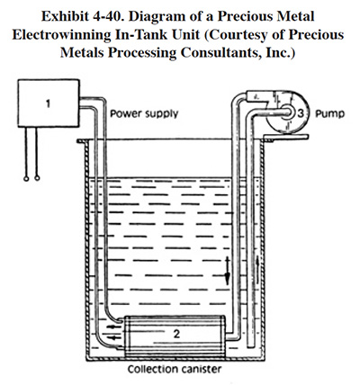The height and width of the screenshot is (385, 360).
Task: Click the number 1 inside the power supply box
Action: (48, 103)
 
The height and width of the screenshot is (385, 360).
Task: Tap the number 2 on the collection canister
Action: (176, 334)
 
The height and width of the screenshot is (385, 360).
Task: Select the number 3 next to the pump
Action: (301, 113)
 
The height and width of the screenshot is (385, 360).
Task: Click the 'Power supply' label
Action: (144, 114)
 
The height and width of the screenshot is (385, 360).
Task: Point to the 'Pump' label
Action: (329, 114)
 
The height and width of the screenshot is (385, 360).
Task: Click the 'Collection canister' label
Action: (175, 369)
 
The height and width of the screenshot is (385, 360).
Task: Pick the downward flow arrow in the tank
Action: (227, 271)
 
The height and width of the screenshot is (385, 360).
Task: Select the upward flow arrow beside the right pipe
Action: (258, 269)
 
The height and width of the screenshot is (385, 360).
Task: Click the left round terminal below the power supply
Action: (26, 178)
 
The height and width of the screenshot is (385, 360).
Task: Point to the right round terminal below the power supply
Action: (37, 178)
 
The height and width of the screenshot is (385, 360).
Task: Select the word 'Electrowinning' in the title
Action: (60, 35)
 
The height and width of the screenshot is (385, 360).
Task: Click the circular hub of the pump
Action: (287, 112)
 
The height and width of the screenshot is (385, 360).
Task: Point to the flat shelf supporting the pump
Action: (285, 138)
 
